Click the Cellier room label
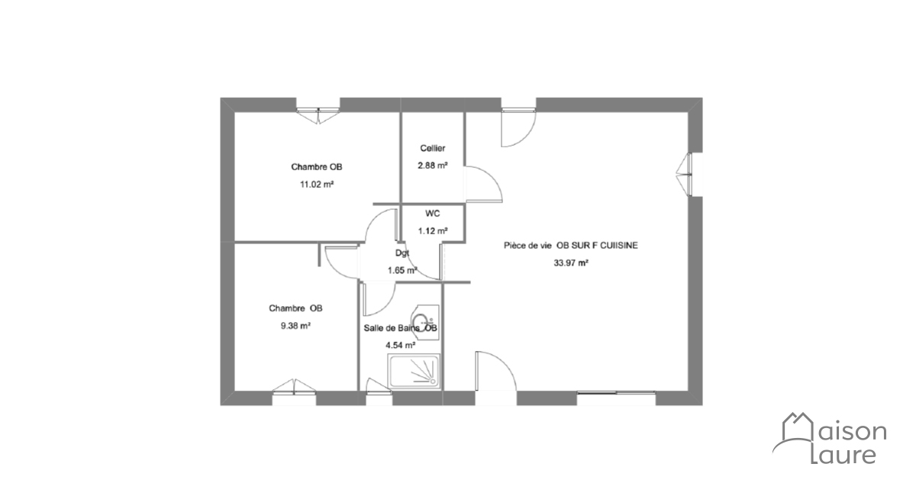[x=433, y=148]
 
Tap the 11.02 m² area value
[x=317, y=185]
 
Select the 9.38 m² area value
[x=295, y=326]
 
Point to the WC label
[x=433, y=214]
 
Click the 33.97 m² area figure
[x=571, y=263]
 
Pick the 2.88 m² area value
[x=433, y=166]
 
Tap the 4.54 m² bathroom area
[x=401, y=345]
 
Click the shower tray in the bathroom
[x=414, y=372]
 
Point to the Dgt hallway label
[x=402, y=253]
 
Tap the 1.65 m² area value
[x=402, y=270]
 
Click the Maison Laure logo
[x=829, y=438]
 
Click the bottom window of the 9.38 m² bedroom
[x=295, y=389]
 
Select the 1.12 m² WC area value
[x=433, y=231]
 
